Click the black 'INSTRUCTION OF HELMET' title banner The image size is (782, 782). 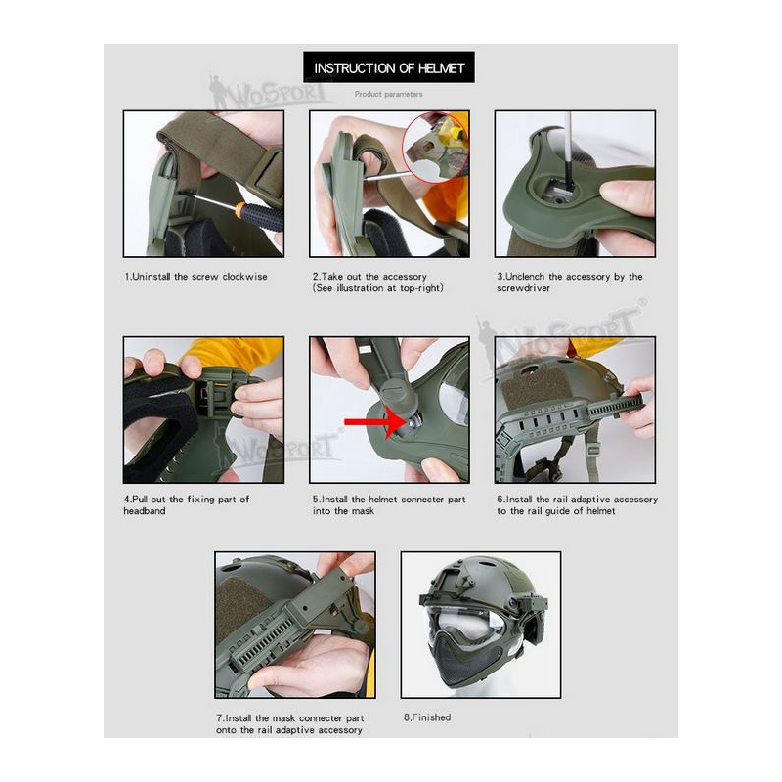coord(388,67)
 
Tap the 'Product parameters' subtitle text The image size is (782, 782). coord(388,94)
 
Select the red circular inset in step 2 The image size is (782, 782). coord(436,148)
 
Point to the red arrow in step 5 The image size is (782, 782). coord(375,423)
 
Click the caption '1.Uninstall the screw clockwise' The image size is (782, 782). coord(196,277)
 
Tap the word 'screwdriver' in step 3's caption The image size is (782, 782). coord(523,288)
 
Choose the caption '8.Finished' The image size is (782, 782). coord(427,717)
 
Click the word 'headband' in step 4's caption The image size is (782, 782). coord(144,510)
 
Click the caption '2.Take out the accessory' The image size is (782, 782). coord(369,277)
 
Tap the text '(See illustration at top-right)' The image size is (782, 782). coord(378,288)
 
